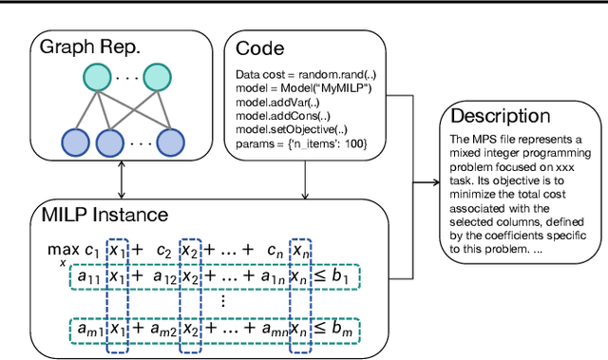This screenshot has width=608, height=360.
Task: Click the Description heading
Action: pos(499,116)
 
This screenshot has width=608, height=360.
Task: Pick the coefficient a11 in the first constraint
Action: pos(90,277)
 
